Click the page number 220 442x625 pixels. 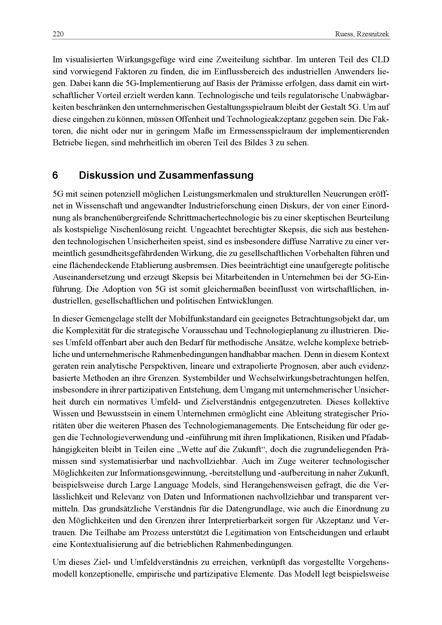pyautogui.click(x=58, y=34)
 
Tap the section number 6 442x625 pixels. pyautogui.click(x=55, y=175)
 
